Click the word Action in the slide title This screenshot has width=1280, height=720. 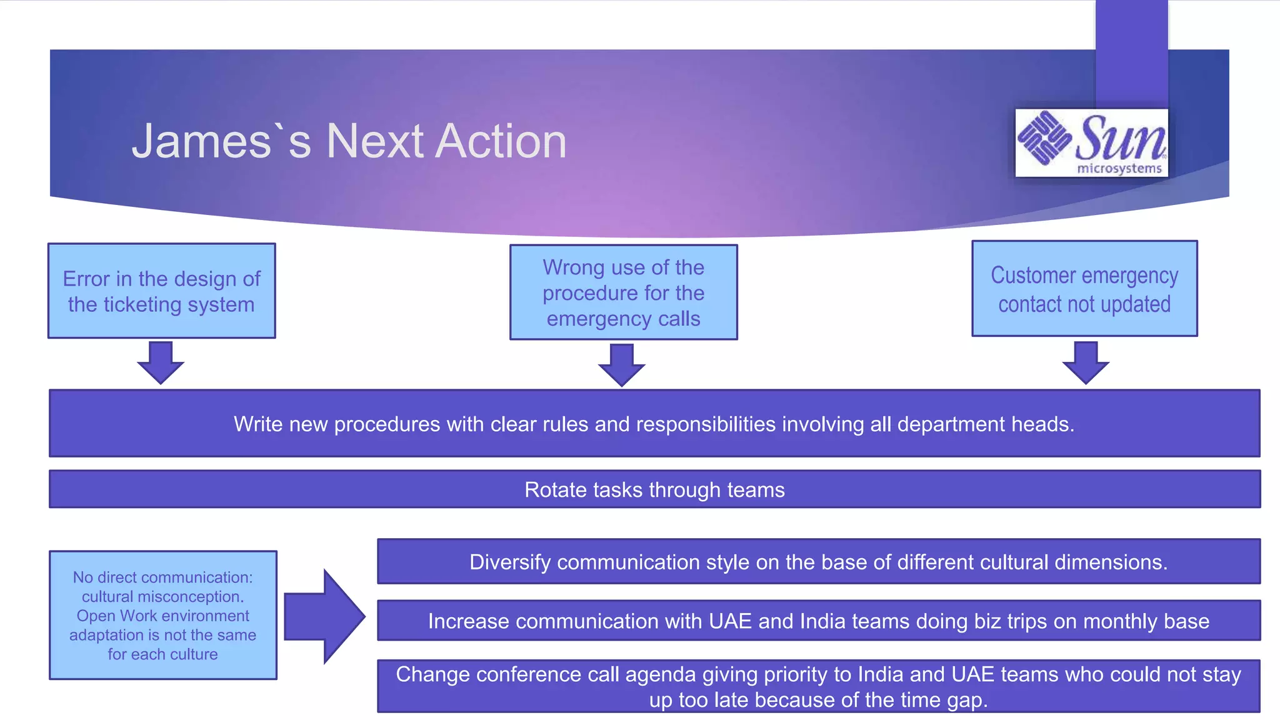501,141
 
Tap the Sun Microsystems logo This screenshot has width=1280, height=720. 1091,143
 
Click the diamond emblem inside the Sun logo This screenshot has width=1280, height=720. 1043,138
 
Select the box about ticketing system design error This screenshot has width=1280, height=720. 162,291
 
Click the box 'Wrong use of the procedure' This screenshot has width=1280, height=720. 623,292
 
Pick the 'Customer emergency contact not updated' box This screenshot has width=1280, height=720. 1084,289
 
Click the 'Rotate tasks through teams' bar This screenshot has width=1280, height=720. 654,489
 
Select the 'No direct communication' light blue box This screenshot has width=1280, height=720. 162,615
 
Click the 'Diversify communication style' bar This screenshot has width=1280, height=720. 818,562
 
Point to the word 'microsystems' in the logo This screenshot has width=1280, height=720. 1119,168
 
